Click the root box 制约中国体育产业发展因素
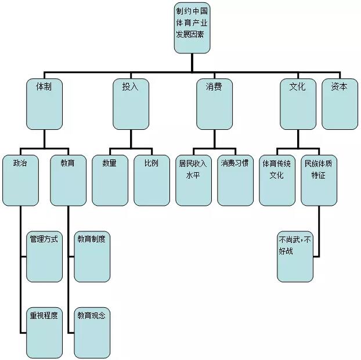[x=192, y=27]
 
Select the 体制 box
[x=44, y=104]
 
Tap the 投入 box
[x=131, y=104]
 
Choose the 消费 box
[x=214, y=104]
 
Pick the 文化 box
[x=297, y=104]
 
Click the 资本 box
[x=340, y=104]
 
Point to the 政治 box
[x=20, y=180]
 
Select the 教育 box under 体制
[x=68, y=180]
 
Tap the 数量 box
[x=110, y=180]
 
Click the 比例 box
[x=151, y=180]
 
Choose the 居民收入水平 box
[x=193, y=180]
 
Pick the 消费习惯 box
[x=235, y=180]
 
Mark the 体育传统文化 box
[x=277, y=180]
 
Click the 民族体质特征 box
[x=319, y=180]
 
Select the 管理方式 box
[x=44, y=256]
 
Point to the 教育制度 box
[x=92, y=256]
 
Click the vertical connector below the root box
[x=192, y=63]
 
